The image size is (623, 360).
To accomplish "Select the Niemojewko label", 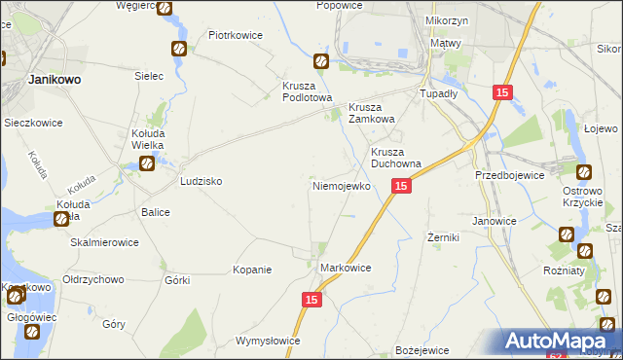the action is (x=340, y=185).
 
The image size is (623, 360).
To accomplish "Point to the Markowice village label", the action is (x=346, y=266).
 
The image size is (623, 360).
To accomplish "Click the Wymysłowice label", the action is (x=268, y=342).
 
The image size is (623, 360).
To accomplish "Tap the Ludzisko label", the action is (x=202, y=182).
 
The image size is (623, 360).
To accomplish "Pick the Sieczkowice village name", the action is (x=33, y=124).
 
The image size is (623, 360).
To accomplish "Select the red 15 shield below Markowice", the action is (x=312, y=302).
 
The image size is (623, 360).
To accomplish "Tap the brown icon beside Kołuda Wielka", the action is (x=147, y=164).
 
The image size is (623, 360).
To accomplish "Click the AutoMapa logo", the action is (x=560, y=341).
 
